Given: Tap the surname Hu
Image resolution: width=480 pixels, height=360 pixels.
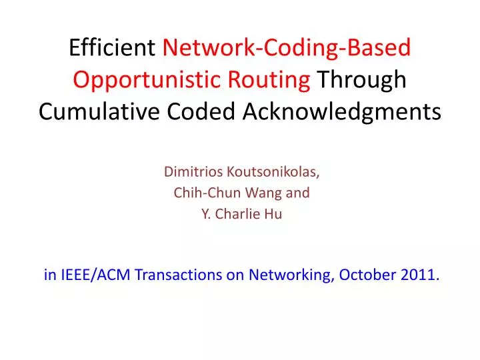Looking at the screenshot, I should [x=275, y=215].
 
